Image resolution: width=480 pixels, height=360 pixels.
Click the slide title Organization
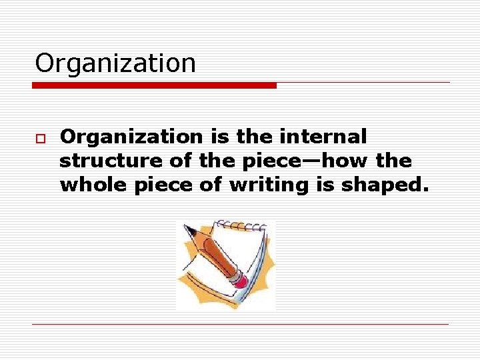pyautogui.click(x=115, y=63)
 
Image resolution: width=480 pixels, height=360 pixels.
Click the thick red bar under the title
pyautogui.click(x=155, y=85)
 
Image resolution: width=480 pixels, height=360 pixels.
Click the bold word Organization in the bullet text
pyautogui.click(x=131, y=137)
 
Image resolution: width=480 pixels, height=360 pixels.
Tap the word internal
pyautogui.click(x=325, y=137)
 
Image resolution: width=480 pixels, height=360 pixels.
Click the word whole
pyautogui.click(x=93, y=185)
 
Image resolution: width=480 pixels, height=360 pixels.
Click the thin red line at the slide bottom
pyautogui.click(x=240, y=324)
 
